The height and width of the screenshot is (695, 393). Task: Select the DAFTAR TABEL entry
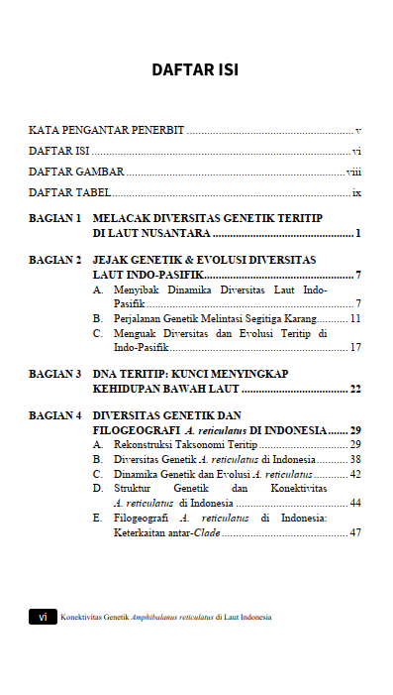69,192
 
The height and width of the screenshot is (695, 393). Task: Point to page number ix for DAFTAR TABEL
356,192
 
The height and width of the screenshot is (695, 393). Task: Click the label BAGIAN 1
55,217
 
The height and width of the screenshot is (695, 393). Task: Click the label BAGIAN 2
55,260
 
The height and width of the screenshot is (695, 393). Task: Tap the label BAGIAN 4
55,415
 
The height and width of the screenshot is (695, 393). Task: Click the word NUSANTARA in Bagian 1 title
173,234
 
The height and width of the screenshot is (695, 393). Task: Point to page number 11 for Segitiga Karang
355,318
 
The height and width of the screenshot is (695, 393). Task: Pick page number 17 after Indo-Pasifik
355,348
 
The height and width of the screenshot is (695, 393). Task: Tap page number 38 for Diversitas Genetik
355,460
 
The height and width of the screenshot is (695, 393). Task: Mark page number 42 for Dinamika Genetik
355,475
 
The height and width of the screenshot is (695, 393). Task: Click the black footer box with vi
42,617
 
